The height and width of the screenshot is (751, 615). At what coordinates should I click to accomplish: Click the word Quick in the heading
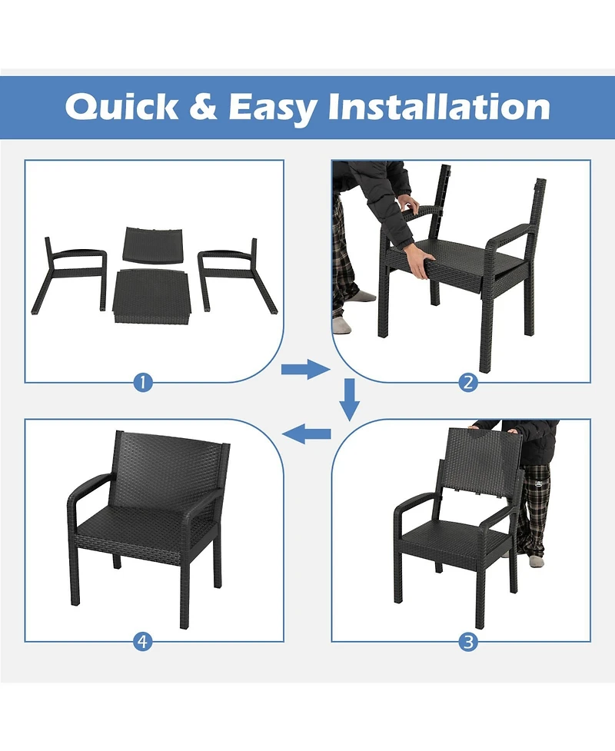click(121, 107)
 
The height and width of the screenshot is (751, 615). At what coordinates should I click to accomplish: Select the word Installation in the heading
click(439, 107)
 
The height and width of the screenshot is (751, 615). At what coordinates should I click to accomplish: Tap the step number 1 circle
click(141, 382)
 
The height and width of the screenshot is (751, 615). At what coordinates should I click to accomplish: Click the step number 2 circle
click(469, 382)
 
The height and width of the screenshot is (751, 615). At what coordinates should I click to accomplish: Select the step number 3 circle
click(469, 642)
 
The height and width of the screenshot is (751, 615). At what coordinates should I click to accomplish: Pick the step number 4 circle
click(141, 642)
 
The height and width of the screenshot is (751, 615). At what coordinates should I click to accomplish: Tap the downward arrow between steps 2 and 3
click(351, 399)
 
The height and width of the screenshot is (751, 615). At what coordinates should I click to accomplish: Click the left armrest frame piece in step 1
click(69, 273)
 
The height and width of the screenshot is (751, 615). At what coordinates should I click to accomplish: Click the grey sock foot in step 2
click(342, 326)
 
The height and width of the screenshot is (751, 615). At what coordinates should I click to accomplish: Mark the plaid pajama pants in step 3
click(534, 507)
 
